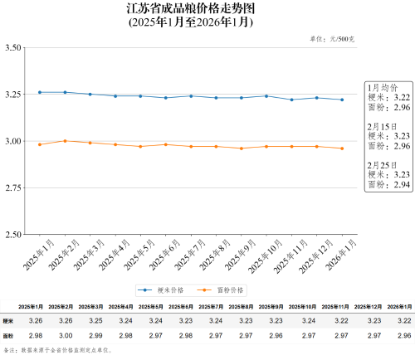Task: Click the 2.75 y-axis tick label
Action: click(x=13, y=188)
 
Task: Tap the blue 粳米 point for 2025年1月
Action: click(x=39, y=92)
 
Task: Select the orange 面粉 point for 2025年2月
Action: click(x=65, y=141)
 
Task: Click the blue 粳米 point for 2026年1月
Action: click(x=342, y=100)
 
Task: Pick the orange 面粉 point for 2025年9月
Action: click(x=242, y=148)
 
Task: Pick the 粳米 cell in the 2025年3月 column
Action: click(x=94, y=320)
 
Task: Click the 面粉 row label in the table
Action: click(x=9, y=336)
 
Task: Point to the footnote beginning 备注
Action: click(x=58, y=351)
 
